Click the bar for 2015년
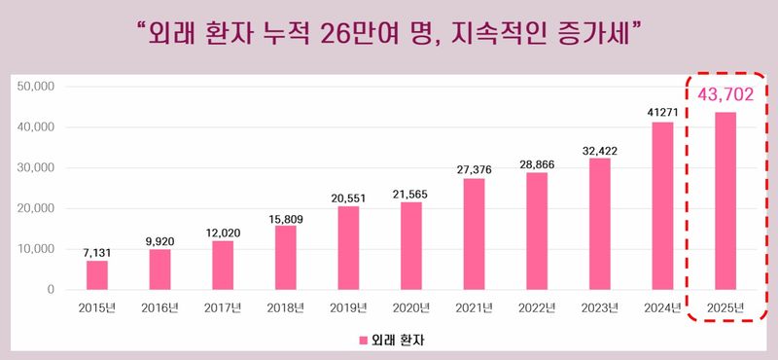97,275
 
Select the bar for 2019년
348,248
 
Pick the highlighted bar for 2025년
725,200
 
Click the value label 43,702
725,94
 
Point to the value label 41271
662,112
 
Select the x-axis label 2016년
159,308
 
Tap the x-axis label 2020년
411,308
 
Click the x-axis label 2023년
600,308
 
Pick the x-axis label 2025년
725,308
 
